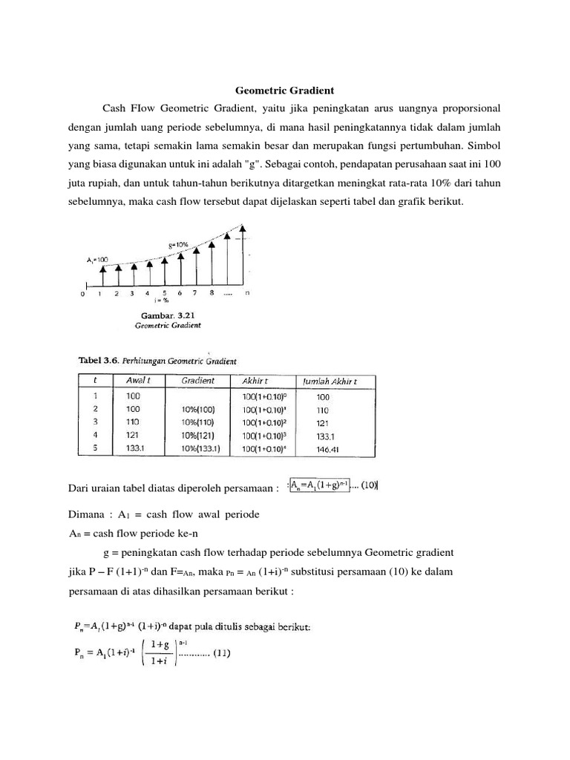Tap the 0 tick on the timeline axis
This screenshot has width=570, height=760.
82,294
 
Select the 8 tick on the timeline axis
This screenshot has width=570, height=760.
212,293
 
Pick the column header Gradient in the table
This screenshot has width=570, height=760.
198,381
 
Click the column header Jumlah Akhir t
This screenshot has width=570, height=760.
335,381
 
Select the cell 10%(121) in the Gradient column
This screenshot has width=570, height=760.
198,434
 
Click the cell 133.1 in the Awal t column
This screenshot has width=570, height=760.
136,448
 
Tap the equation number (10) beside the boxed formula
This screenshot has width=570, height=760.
368,486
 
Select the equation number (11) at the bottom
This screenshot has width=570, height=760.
223,654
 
